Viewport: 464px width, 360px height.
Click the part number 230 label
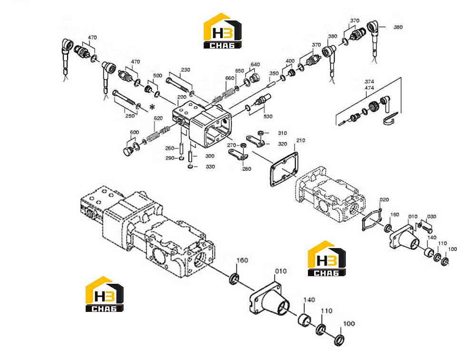click(186, 70)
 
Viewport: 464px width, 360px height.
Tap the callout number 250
click(130, 116)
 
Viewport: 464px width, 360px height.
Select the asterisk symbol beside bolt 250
click(152, 107)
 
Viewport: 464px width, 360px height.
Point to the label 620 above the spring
click(158, 118)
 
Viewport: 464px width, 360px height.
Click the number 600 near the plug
click(134, 132)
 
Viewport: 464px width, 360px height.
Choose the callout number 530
click(268, 116)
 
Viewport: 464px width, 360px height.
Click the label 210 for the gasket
click(301, 140)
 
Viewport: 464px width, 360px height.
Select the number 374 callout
click(369, 81)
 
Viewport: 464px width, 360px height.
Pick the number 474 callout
click(369, 88)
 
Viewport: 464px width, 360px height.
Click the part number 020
click(384, 200)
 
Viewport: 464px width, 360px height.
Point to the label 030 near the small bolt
click(432, 216)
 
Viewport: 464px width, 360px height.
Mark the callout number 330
click(210, 167)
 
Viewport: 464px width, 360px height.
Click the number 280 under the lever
click(247, 169)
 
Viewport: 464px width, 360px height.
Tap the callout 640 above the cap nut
click(255, 65)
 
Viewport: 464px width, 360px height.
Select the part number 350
click(274, 73)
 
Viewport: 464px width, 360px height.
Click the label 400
click(290, 61)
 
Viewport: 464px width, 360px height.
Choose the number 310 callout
click(282, 133)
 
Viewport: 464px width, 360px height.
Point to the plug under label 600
click(128, 150)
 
